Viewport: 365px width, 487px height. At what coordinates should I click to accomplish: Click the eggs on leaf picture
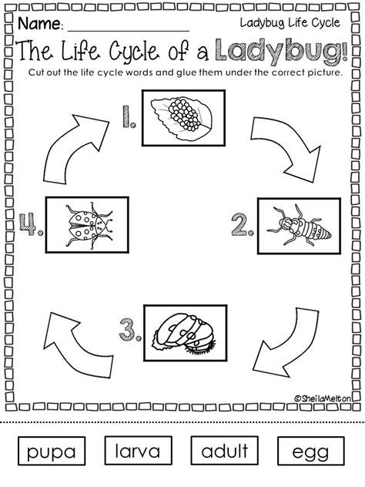[182, 116]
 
